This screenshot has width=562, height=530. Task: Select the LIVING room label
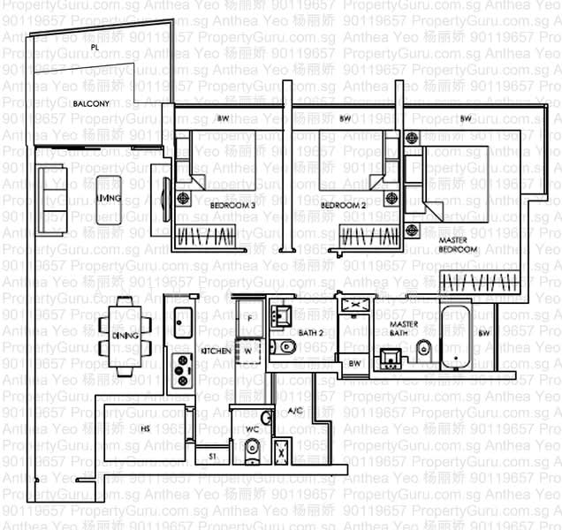click(109, 200)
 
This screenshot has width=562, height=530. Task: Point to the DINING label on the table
click(124, 336)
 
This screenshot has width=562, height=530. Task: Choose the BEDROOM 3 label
click(232, 205)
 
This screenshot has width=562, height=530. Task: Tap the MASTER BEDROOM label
click(458, 245)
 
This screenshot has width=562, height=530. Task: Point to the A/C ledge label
click(295, 411)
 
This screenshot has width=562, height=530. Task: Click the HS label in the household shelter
click(145, 428)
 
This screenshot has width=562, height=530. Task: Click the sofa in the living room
click(50, 192)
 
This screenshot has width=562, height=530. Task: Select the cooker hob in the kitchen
click(181, 371)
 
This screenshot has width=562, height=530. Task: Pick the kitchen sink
click(183, 323)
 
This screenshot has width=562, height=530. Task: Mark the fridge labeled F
click(250, 317)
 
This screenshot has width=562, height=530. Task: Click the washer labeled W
click(249, 350)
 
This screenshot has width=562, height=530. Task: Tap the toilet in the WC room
click(253, 451)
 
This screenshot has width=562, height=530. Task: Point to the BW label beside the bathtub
click(483, 333)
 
